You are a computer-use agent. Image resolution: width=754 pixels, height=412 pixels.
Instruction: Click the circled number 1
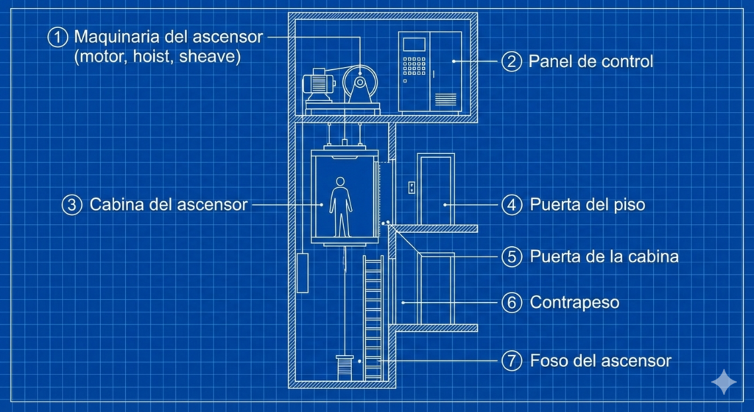[x=57, y=37]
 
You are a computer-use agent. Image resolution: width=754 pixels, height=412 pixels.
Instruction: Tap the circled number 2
[x=512, y=60]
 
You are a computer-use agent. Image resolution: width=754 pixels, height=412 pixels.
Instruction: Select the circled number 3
[x=71, y=204]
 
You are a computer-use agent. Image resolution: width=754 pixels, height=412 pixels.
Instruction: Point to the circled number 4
[x=512, y=204]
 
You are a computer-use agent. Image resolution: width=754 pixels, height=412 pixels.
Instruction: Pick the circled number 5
[x=512, y=256]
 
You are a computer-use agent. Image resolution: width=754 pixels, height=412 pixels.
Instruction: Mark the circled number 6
[x=512, y=302]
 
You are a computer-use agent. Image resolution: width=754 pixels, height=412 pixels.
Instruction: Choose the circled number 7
[x=512, y=361]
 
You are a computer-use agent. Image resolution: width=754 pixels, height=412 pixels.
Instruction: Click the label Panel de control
[x=591, y=61]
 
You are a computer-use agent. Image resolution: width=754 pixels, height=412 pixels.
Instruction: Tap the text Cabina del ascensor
[x=169, y=204]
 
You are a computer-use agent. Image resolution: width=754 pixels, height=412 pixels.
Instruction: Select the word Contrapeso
[x=574, y=302]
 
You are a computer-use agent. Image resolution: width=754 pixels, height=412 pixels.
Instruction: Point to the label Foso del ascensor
[x=600, y=361]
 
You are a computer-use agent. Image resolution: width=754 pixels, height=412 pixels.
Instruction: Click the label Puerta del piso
[x=588, y=204]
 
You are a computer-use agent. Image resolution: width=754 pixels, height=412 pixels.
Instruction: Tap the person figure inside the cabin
[x=340, y=206]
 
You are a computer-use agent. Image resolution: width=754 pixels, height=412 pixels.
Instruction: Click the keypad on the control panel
[x=415, y=67]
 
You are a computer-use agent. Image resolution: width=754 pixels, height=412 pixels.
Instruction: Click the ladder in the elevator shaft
[x=373, y=317]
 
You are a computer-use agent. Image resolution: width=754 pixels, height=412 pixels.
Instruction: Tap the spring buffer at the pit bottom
[x=343, y=366]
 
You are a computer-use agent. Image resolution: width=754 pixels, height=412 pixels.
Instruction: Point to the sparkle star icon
[x=723, y=382]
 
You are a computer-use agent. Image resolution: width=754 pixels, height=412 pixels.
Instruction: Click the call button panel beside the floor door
[x=412, y=187]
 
